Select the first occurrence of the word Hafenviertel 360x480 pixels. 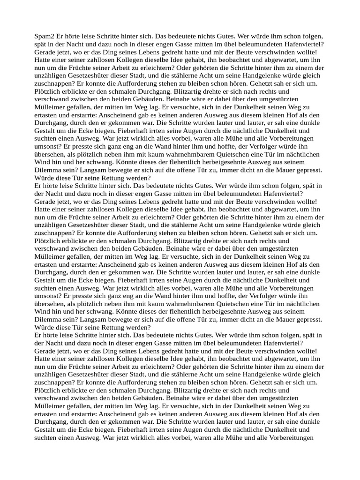click(302, 44)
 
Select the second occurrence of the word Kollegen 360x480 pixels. click(130, 209)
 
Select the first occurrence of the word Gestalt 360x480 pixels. click(46, 131)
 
